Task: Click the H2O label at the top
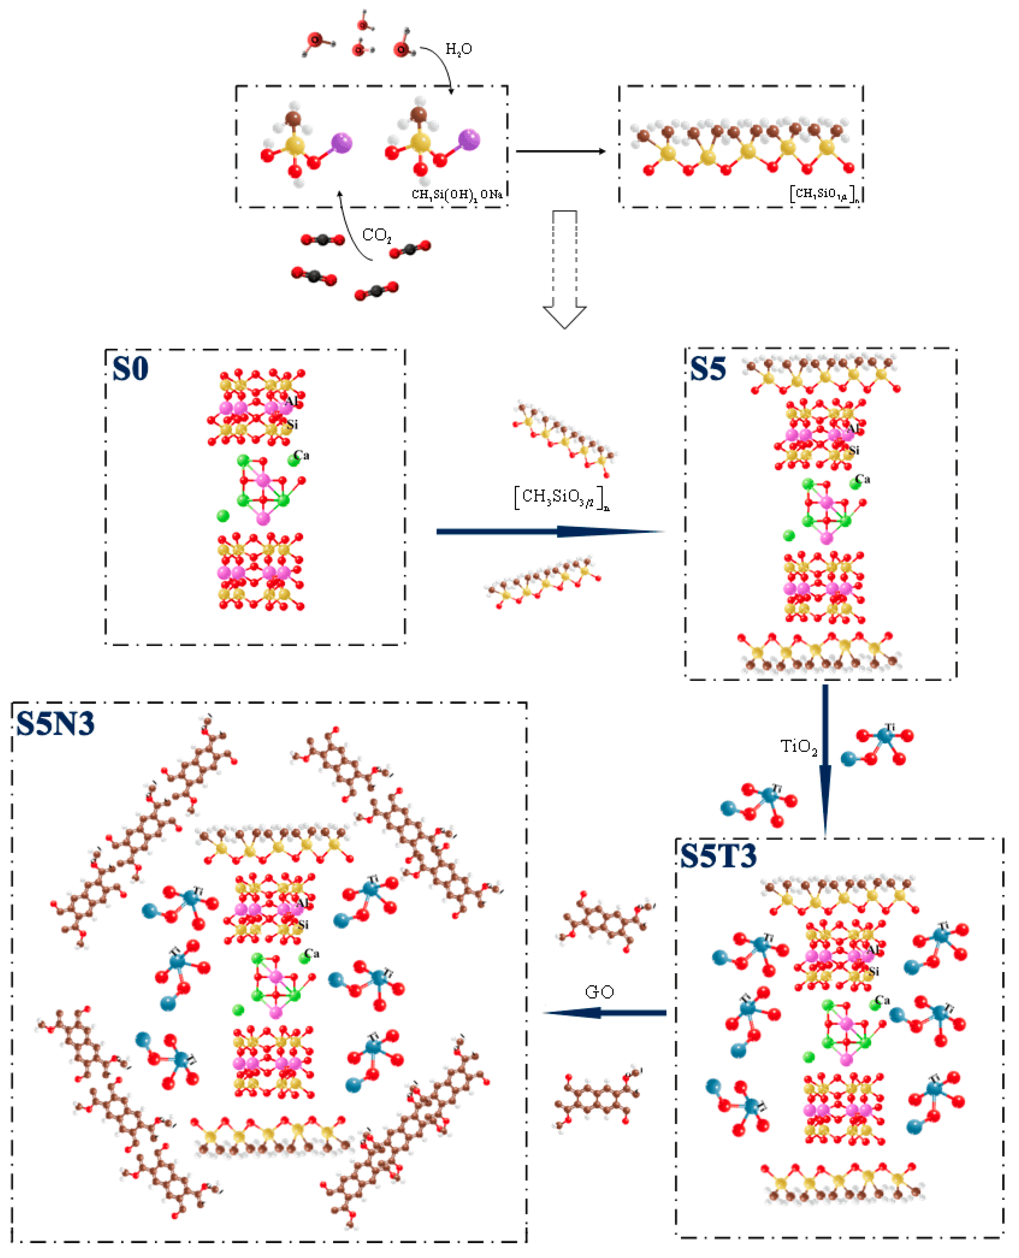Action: pyautogui.click(x=458, y=49)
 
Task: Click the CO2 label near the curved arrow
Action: pyautogui.click(x=376, y=235)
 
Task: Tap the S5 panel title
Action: pyautogui.click(x=708, y=369)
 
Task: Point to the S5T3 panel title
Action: pyautogui.click(x=717, y=856)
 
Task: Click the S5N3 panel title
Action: pyautogui.click(x=55, y=723)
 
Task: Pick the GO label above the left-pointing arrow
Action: pyautogui.click(x=599, y=992)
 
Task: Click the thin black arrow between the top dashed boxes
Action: pyautogui.click(x=561, y=151)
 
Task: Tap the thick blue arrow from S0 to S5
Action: pyautogui.click(x=550, y=532)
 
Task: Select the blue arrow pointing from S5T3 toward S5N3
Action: pyautogui.click(x=605, y=1012)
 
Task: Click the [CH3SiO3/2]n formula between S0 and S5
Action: pyautogui.click(x=562, y=497)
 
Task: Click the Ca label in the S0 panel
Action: pyautogui.click(x=302, y=455)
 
